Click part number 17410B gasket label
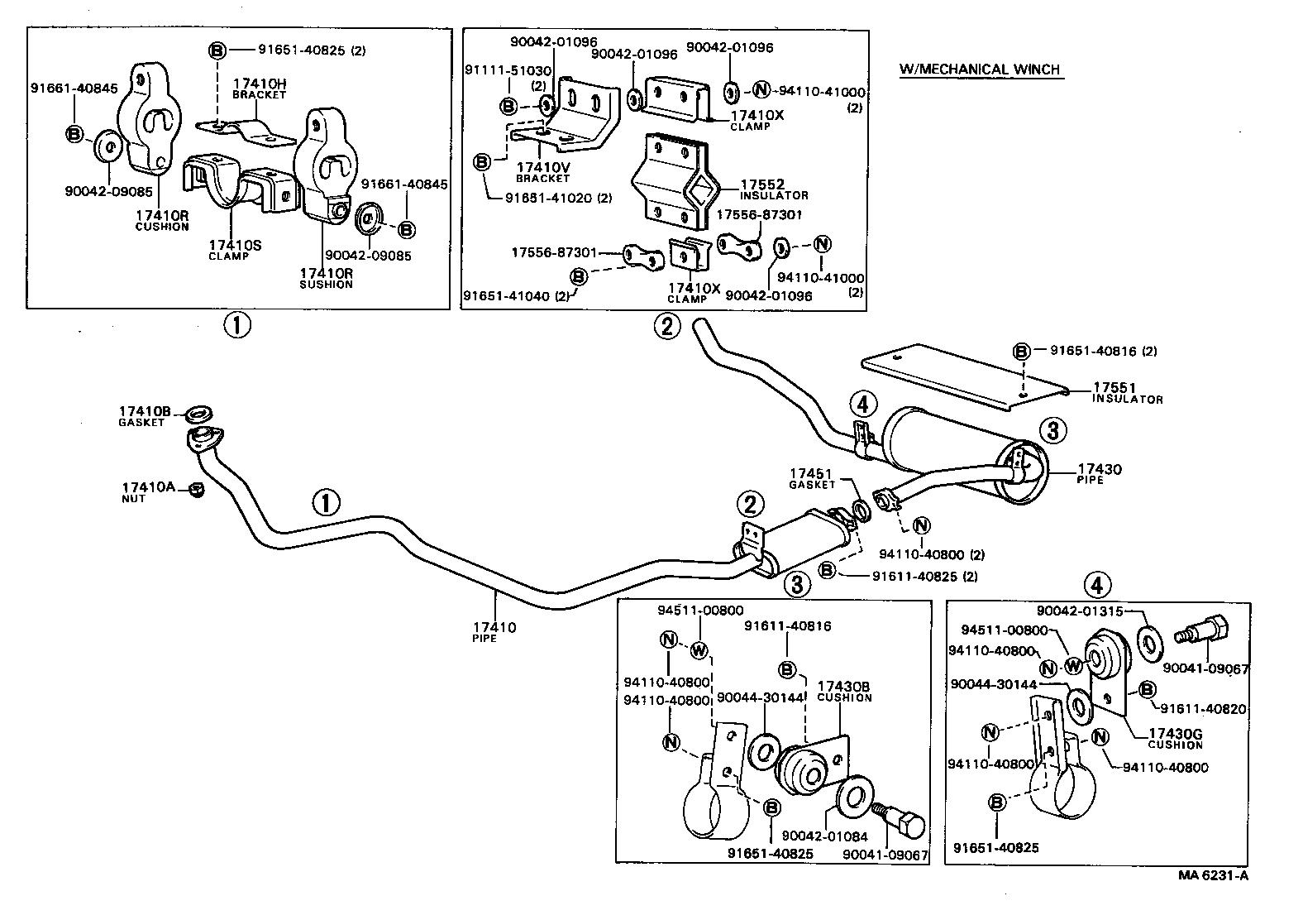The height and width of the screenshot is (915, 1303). (x=145, y=411)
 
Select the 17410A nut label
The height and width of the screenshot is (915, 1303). (x=147, y=487)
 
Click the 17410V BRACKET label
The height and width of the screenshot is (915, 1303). (x=542, y=167)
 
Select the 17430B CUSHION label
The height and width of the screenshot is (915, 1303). (x=843, y=687)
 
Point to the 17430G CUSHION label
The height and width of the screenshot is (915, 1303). (x=1175, y=734)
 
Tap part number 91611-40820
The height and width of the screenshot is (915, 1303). (x=1203, y=709)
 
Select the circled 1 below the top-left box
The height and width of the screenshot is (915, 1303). (x=236, y=326)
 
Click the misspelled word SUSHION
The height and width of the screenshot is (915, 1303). (x=326, y=285)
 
